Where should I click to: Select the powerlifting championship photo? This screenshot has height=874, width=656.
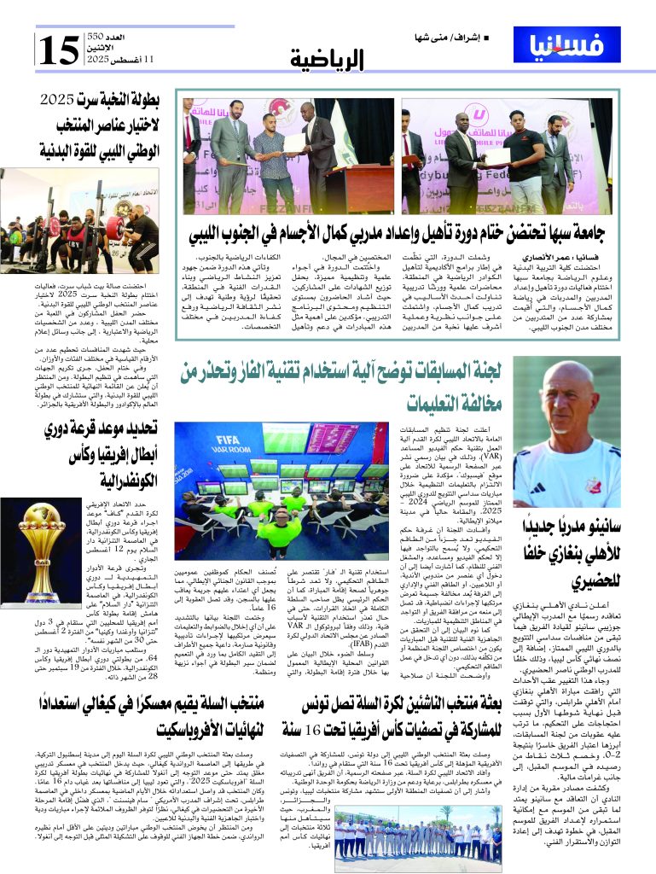point(80,221)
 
